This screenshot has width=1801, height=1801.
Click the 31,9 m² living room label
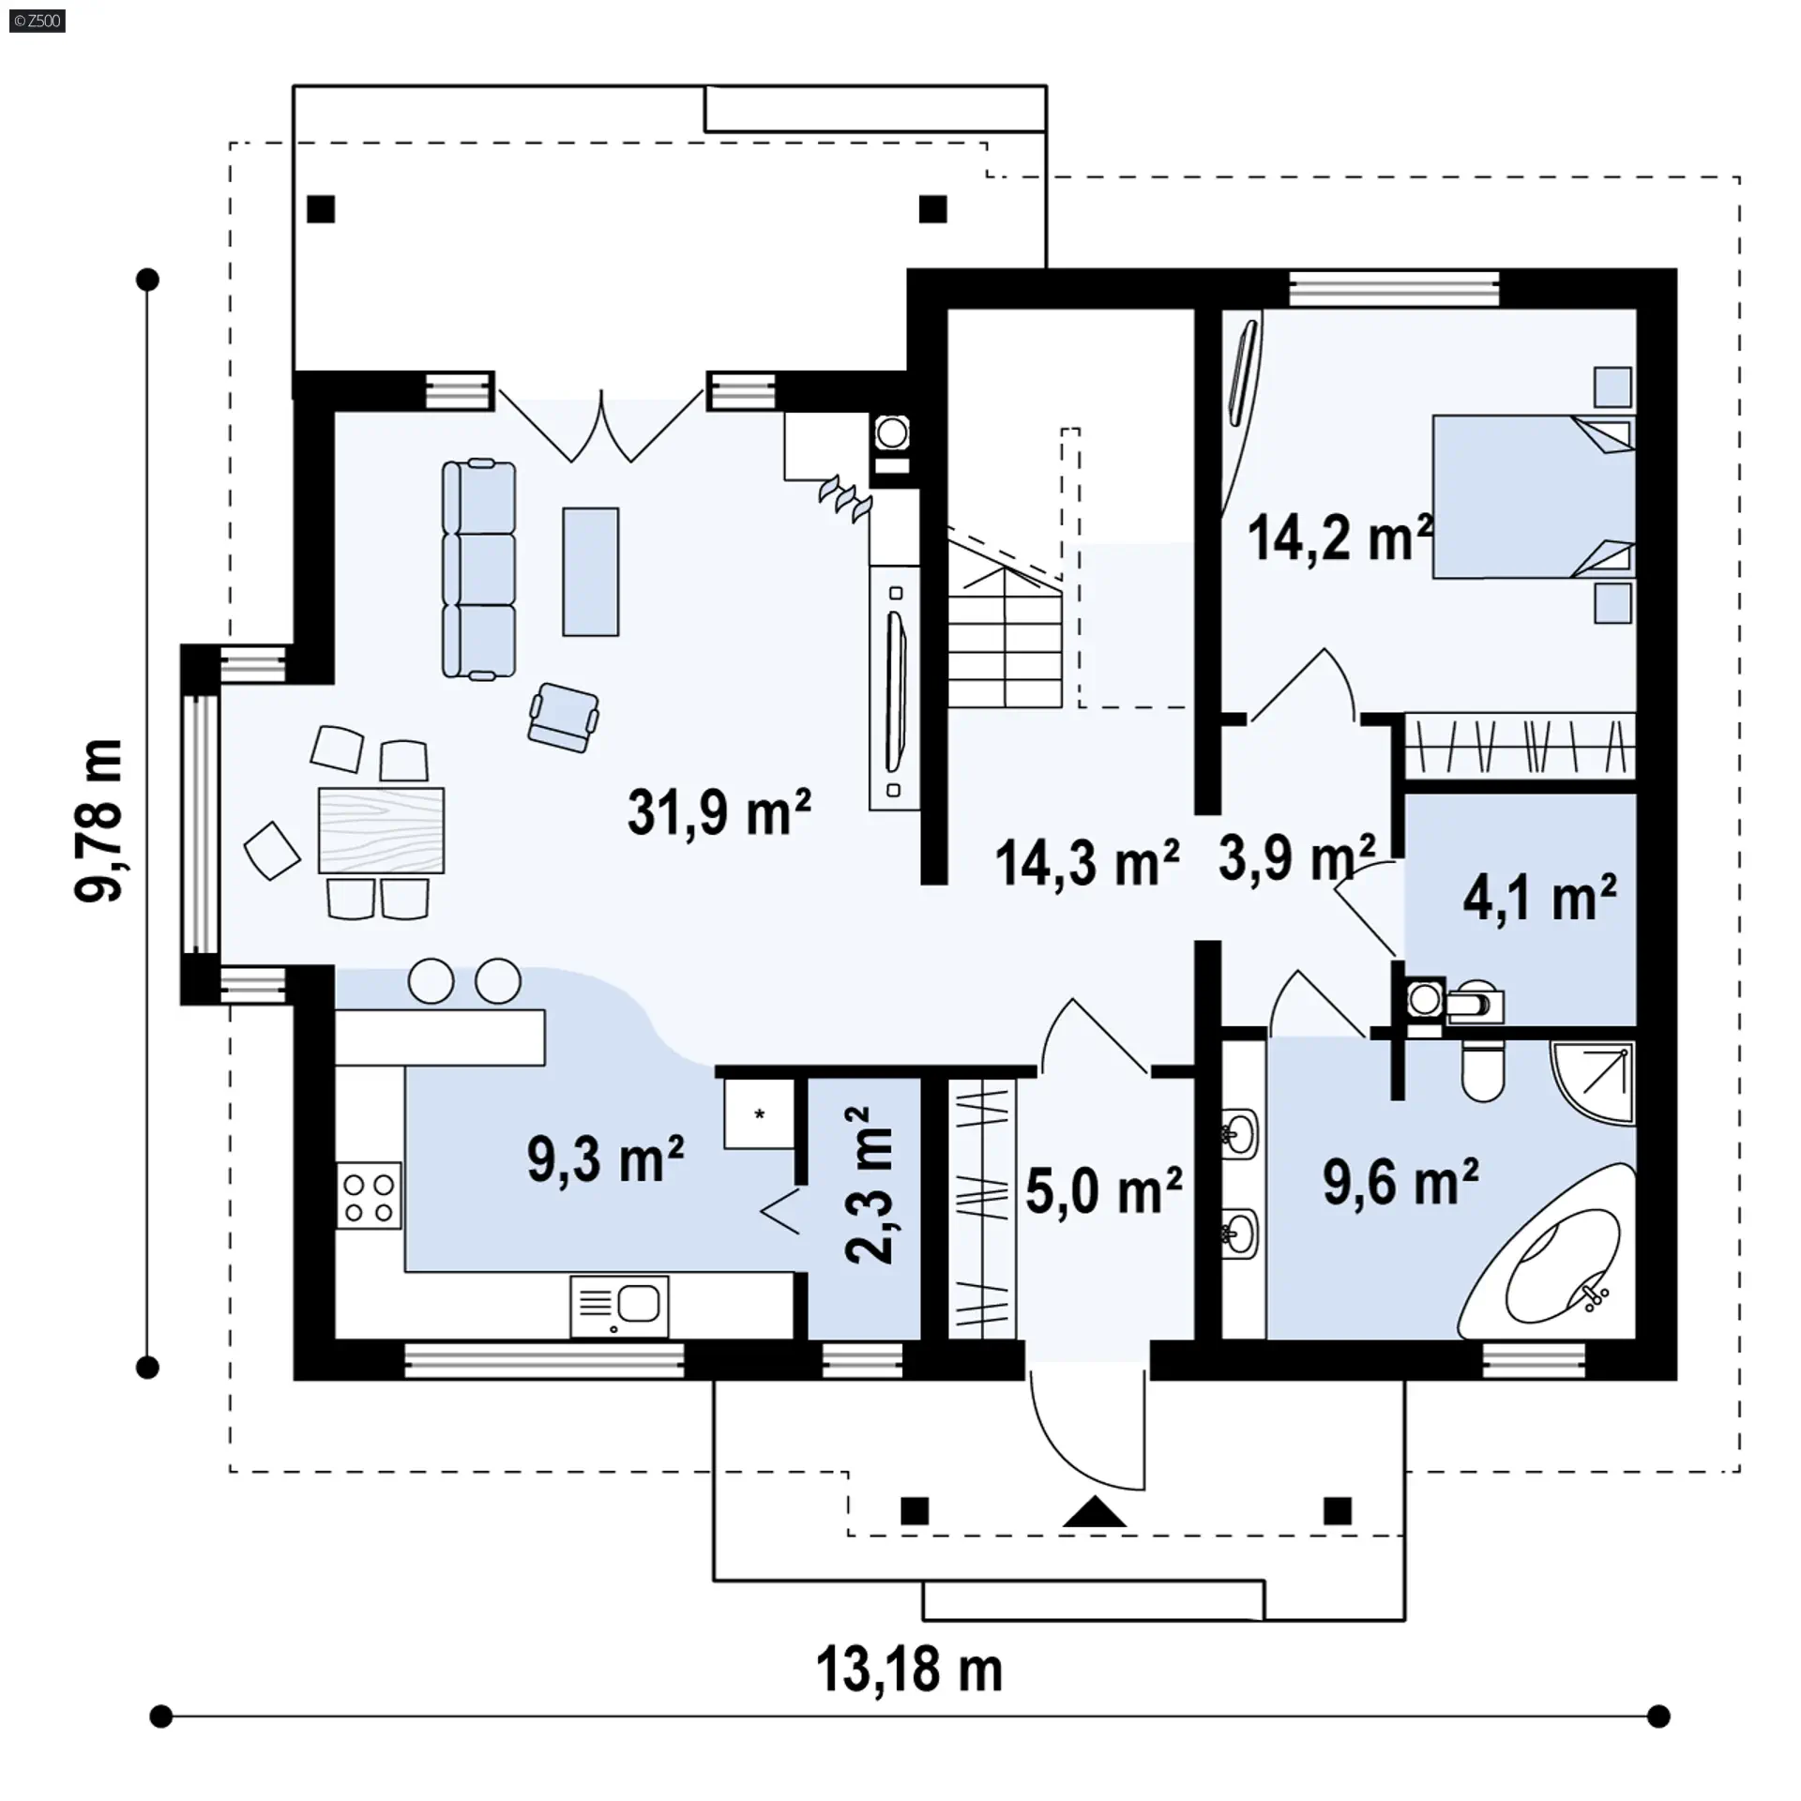click(719, 811)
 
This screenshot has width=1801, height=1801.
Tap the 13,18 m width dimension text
click(909, 1671)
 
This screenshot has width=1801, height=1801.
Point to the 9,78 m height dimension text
click(98, 821)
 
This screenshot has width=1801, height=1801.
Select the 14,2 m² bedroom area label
click(1340, 537)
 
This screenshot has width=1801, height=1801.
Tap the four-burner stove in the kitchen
click(369, 1196)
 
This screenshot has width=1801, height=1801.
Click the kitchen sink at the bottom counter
click(619, 1306)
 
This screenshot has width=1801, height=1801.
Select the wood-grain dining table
click(381, 830)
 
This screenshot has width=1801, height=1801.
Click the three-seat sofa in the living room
click(479, 568)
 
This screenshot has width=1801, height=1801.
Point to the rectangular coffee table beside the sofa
click(591, 571)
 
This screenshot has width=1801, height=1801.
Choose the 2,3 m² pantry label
click(870, 1186)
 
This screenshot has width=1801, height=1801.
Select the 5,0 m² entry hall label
click(1103, 1191)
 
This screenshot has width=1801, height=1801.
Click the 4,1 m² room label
click(1539, 898)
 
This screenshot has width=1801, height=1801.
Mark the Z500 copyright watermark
click(38, 21)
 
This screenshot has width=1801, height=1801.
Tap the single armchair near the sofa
click(564, 717)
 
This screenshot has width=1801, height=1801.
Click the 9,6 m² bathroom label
click(1400, 1181)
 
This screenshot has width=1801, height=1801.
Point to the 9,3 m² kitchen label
click(605, 1159)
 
